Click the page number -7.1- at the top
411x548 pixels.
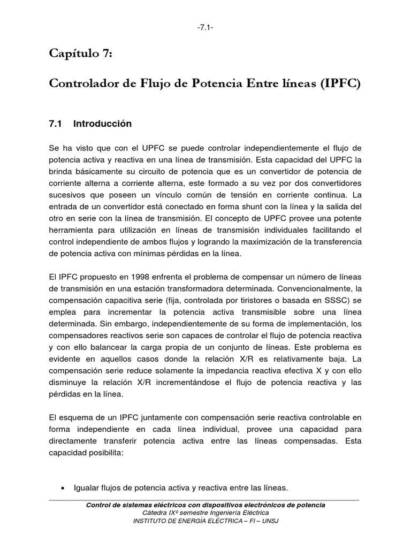pyautogui.click(x=205, y=28)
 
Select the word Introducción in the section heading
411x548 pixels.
pyautogui.click(x=102, y=124)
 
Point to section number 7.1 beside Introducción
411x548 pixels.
pyautogui.click(x=56, y=124)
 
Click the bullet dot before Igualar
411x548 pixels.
pyautogui.click(x=64, y=489)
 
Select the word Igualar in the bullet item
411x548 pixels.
pyautogui.click(x=90, y=488)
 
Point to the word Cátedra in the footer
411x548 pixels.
pyautogui.click(x=150, y=513)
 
